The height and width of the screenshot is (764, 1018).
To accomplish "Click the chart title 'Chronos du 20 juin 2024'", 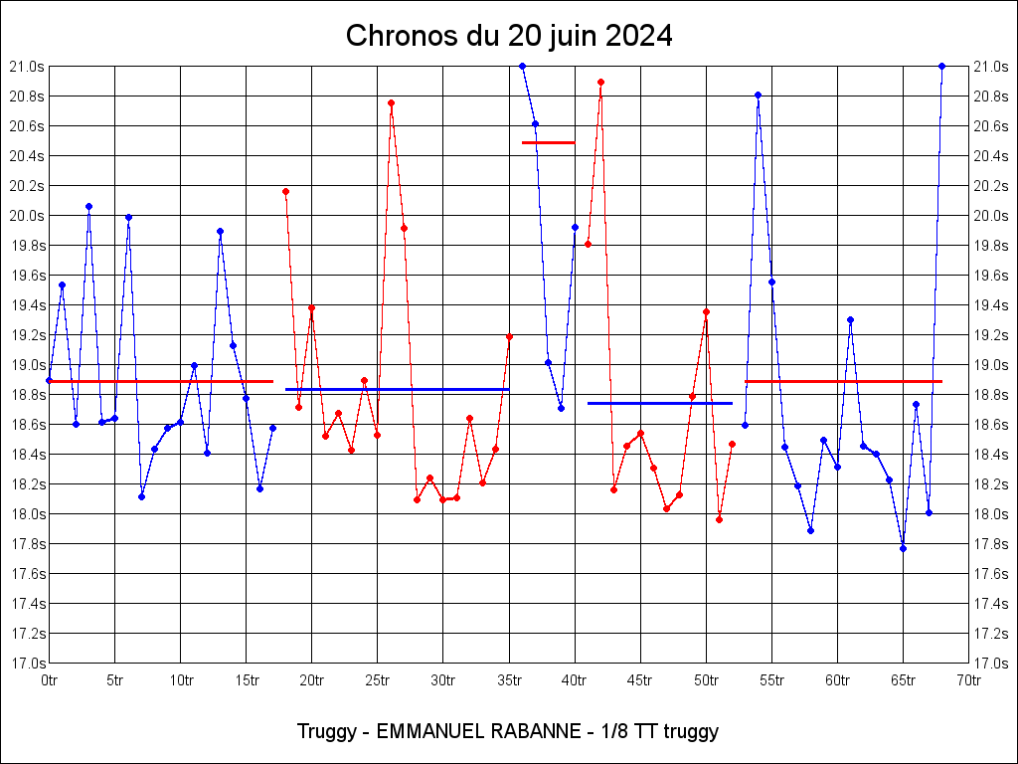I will [x=509, y=37].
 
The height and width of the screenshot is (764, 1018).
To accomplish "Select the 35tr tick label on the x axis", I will [x=509, y=680].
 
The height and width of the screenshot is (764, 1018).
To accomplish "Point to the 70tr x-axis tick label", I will [x=969, y=680].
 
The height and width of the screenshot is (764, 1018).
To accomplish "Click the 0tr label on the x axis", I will [x=50, y=680].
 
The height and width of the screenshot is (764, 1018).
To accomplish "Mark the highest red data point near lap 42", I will [x=600, y=82].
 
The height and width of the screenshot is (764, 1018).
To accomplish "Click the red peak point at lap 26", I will [x=391, y=102].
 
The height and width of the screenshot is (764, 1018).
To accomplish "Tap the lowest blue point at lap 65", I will [x=903, y=548].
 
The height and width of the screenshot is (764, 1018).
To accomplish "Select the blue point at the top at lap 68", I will [x=941, y=66].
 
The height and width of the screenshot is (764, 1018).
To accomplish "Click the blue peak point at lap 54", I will [x=758, y=95].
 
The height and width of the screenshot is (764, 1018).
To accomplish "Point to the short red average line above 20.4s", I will [x=548, y=142].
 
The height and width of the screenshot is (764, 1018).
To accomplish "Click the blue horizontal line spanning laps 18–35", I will [x=397, y=389].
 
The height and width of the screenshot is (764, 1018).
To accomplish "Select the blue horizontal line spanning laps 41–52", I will [x=659, y=403].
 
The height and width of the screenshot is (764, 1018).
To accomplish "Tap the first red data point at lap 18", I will [x=285, y=191].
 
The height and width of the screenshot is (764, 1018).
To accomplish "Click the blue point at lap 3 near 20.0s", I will [x=88, y=206].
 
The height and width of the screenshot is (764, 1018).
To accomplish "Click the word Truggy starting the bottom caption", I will [x=327, y=732].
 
